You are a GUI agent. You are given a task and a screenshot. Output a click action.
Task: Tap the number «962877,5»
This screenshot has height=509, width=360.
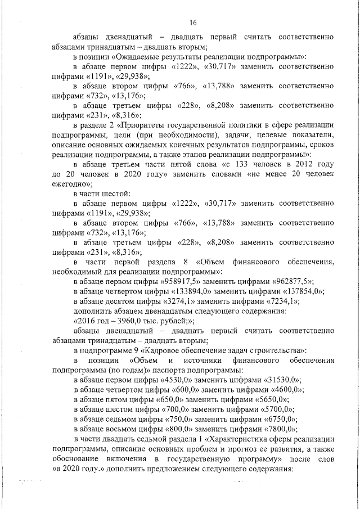point(291,281)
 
